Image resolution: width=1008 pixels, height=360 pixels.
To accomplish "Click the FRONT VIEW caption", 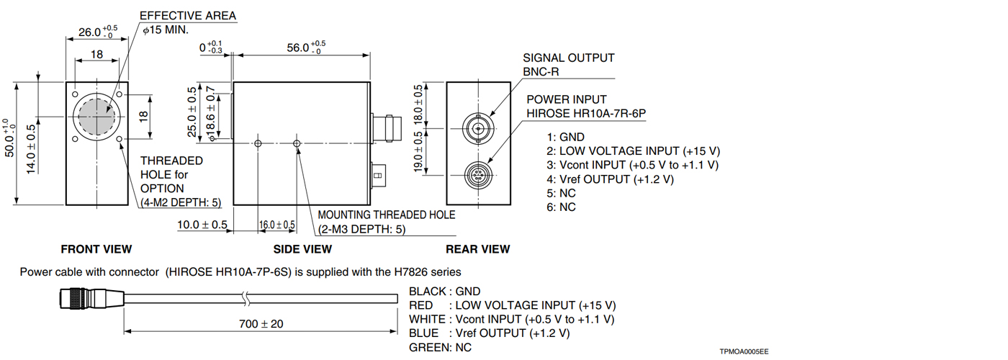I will [x=96, y=249].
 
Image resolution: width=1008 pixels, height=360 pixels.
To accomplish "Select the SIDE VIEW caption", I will [x=302, y=249].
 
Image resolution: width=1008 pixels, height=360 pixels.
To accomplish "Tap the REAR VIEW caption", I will [x=478, y=249].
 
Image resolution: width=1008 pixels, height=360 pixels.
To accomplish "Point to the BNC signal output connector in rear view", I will [x=477, y=128].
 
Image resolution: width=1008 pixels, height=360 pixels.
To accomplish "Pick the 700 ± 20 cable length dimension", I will [x=261, y=324].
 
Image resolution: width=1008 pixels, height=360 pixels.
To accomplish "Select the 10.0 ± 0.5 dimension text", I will [x=202, y=225].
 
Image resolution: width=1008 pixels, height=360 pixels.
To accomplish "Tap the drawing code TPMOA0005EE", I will [x=744, y=351].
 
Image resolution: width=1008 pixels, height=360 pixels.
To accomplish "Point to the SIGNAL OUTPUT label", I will [x=569, y=58].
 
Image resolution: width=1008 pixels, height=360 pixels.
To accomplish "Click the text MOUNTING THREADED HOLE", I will [x=387, y=215].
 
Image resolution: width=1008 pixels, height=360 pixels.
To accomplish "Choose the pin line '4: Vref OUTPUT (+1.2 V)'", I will [x=611, y=179].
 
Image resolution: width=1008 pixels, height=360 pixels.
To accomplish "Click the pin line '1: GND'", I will [x=566, y=137].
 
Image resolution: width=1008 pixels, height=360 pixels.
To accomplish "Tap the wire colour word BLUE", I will [x=423, y=333].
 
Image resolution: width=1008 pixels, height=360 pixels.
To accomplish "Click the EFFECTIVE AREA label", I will [x=187, y=16].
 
